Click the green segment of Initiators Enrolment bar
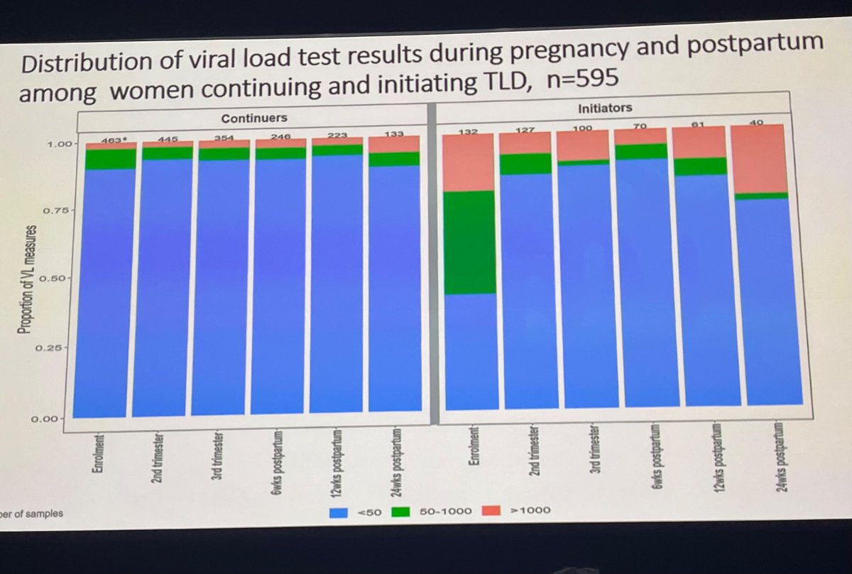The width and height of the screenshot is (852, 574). (x=469, y=241)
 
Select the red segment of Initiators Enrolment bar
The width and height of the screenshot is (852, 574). (x=469, y=162)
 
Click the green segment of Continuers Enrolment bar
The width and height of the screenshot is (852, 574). (x=100, y=158)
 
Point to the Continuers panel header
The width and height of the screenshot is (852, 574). (x=253, y=117)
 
